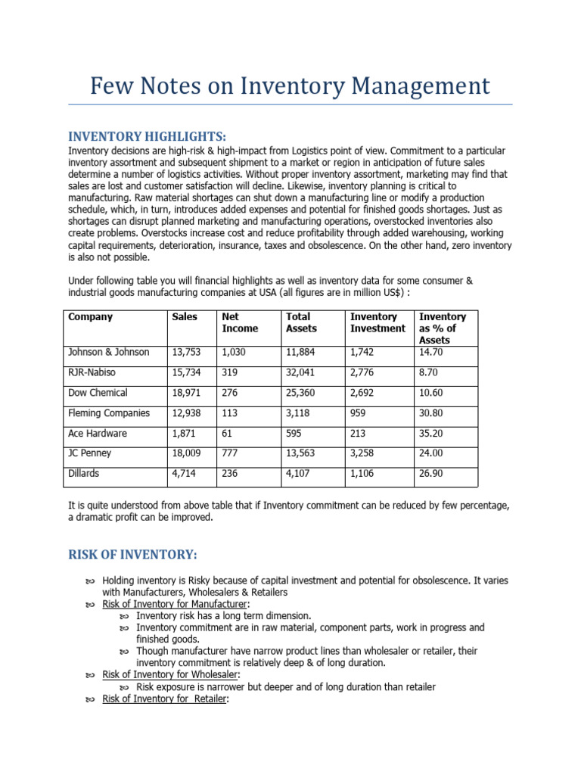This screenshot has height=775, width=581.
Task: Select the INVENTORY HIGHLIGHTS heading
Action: tap(147, 136)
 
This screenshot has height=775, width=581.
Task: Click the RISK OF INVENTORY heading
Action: tap(132, 556)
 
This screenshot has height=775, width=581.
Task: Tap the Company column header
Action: tap(90, 317)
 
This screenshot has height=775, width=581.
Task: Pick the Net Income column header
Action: tap(239, 322)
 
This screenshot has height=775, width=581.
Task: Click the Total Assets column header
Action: tap(301, 322)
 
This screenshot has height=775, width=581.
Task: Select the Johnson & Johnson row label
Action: tap(109, 352)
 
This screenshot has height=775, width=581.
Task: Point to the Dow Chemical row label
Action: tap(98, 393)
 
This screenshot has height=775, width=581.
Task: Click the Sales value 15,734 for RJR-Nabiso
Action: tap(188, 372)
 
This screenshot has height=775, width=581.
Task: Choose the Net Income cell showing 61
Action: tap(227, 434)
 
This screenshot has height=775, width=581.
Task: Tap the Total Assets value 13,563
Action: tap(302, 454)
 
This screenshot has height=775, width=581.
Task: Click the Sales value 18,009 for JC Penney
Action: tap(188, 454)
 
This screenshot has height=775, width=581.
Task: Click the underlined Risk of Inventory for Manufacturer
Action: tap(163, 604)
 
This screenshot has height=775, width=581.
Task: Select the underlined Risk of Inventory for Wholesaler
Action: tap(159, 674)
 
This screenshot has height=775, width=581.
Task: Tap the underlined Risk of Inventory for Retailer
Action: tap(154, 699)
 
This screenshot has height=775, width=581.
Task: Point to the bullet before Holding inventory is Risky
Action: tap(89, 580)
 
